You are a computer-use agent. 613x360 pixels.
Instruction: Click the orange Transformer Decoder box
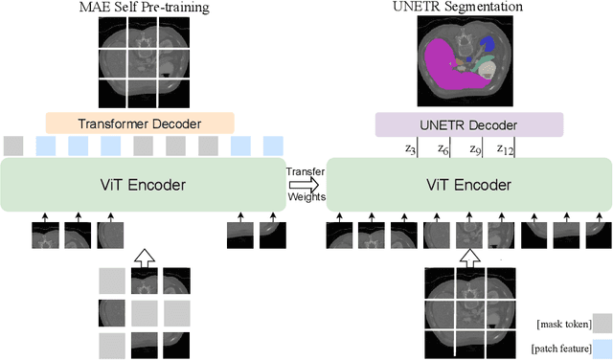(139, 123)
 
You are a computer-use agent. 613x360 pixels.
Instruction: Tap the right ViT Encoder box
(469, 185)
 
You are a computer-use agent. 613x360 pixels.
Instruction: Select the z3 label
(410, 149)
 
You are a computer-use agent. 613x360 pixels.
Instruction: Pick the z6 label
(443, 149)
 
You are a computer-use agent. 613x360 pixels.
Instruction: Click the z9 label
(473, 149)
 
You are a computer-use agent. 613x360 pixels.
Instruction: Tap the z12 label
(504, 149)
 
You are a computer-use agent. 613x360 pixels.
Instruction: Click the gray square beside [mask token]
(601, 323)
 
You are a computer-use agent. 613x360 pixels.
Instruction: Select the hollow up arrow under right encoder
(468, 257)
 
